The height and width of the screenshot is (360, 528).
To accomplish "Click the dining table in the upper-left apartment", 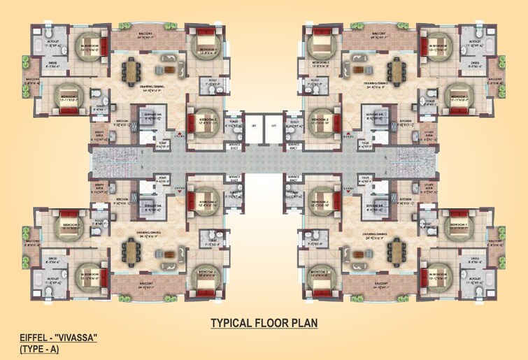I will click(x=131, y=70).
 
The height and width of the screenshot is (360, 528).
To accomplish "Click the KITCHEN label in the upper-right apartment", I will click(x=406, y=120).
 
